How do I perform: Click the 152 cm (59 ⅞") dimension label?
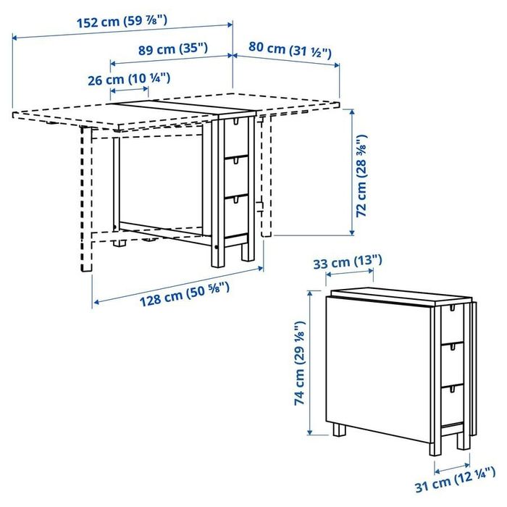[x=122, y=21]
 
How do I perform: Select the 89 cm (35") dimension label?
[x=172, y=49]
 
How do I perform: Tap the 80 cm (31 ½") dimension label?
[x=290, y=50]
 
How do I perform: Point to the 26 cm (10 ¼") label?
[x=129, y=78]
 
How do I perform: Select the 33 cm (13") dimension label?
[x=348, y=261]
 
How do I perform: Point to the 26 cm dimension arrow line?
[x=129, y=91]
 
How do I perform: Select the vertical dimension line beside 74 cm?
[x=310, y=361]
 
